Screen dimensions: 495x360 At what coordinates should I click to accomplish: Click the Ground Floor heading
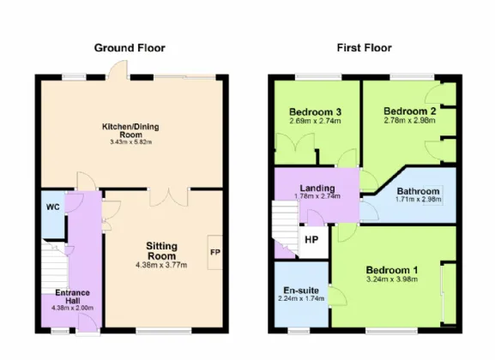click(x=130, y=48)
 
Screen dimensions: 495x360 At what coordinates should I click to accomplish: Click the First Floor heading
click(x=365, y=48)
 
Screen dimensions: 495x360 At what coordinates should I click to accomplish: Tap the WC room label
click(x=52, y=207)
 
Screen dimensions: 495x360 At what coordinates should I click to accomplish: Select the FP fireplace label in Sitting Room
click(x=215, y=252)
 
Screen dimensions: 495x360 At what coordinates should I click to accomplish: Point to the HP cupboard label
click(x=311, y=240)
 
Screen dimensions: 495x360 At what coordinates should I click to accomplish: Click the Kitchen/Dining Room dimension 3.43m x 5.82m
click(x=131, y=142)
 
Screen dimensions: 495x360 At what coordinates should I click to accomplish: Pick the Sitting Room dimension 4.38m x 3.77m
click(x=161, y=265)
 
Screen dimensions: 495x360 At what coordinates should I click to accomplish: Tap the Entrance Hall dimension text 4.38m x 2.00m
click(x=72, y=308)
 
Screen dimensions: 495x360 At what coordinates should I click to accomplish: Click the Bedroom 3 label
click(x=315, y=112)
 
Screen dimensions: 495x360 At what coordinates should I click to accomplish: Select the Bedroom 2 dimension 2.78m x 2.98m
click(x=410, y=121)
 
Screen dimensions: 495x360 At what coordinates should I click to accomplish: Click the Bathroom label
click(x=418, y=191)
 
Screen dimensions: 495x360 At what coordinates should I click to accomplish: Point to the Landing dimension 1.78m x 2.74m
click(x=317, y=196)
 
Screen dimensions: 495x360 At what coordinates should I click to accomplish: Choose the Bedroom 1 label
click(x=392, y=270)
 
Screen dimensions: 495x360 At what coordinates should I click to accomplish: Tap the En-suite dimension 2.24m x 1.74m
click(x=301, y=298)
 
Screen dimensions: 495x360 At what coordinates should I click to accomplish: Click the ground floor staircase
click(x=54, y=267)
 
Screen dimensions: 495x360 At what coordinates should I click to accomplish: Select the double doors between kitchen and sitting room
click(x=169, y=198)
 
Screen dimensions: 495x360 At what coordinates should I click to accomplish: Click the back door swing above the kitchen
click(x=118, y=69)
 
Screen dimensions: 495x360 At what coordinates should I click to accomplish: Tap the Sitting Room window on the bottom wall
click(x=164, y=331)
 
